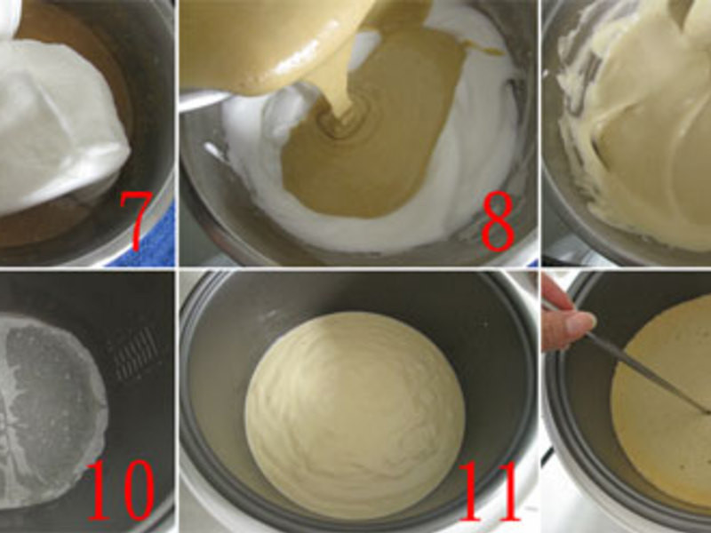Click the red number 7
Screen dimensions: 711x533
135,220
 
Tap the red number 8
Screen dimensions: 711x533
498,221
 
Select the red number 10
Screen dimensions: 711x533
121,490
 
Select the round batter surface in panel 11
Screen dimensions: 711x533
355,415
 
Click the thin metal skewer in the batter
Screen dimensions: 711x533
643,362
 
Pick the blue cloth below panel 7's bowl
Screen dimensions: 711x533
149,245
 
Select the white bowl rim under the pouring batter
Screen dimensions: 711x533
204,99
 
